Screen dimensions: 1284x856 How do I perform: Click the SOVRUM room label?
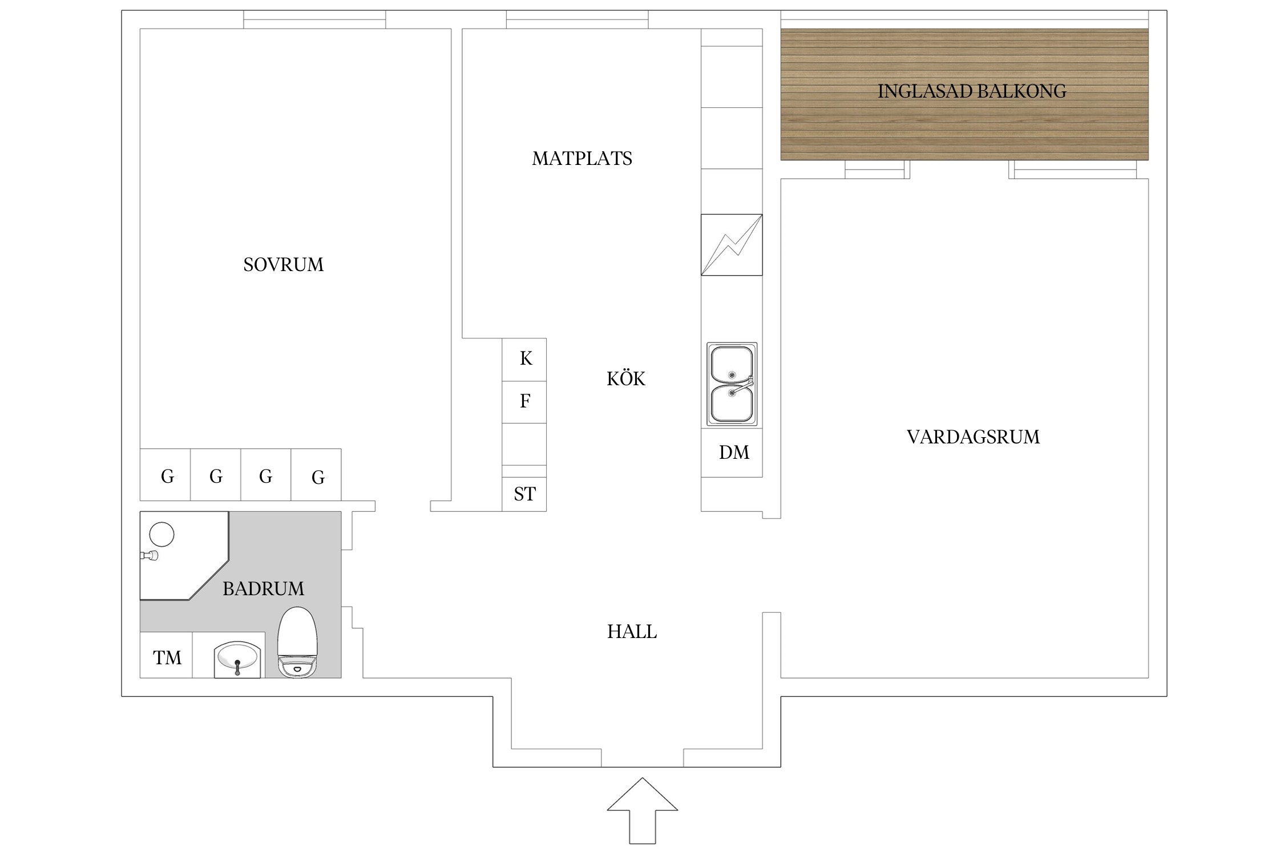click(x=283, y=265)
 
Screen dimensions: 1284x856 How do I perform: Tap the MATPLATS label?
click(x=582, y=159)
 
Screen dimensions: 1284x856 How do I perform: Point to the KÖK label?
click(x=626, y=378)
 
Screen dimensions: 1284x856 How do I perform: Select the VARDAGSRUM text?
click(x=973, y=437)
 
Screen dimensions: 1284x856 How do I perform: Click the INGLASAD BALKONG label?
click(x=972, y=91)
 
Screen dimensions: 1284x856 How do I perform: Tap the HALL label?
click(x=632, y=632)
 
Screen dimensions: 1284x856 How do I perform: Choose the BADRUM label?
click(x=263, y=589)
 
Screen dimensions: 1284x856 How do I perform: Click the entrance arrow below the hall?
click(x=643, y=810)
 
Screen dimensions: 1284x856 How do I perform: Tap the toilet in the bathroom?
click(x=297, y=642)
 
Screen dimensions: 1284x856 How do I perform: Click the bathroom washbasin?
click(x=237, y=660)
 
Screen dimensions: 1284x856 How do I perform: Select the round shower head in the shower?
click(x=161, y=535)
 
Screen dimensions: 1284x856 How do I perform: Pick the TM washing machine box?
click(x=166, y=655)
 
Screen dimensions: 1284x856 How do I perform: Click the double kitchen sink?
click(x=732, y=384)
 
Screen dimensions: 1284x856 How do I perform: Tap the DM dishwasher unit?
click(x=732, y=453)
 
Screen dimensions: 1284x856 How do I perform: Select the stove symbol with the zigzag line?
click(x=732, y=245)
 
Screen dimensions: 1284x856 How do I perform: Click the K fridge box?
click(x=524, y=360)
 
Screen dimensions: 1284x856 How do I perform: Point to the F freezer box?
click(x=524, y=402)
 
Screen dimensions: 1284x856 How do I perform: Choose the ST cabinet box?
click(x=524, y=494)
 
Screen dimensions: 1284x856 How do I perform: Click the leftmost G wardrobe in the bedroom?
click(x=165, y=475)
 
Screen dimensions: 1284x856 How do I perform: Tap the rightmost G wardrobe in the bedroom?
click(x=316, y=475)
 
